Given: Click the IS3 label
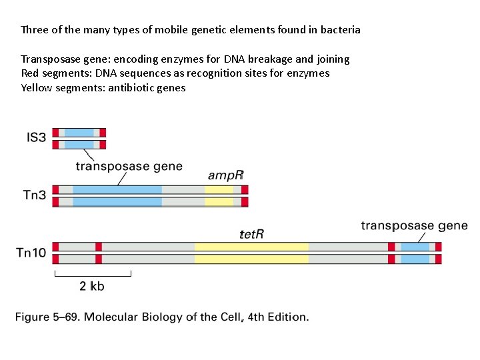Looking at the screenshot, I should [36, 138].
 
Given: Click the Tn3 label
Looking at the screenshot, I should [35, 195].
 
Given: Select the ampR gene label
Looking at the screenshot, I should [226, 175].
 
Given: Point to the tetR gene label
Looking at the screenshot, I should [252, 233].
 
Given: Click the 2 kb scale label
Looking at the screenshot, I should [92, 286].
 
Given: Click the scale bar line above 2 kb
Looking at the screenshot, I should [93, 275].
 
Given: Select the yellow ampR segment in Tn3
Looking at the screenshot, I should [219, 196].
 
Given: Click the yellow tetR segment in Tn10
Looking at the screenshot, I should [251, 253].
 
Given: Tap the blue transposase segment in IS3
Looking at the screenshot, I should [79, 138].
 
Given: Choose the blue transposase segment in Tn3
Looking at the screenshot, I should [117, 196].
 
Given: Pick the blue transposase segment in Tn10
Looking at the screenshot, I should [415, 253].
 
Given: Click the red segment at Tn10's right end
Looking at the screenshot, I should [438, 253].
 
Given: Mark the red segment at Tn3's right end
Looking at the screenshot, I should [245, 196].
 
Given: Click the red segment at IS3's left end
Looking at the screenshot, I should [55, 138].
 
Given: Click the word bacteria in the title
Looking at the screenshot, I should [340, 30].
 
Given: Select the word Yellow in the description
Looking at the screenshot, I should [36, 87].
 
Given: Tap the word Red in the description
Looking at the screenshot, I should [30, 73].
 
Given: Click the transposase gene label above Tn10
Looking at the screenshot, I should [414, 226].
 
